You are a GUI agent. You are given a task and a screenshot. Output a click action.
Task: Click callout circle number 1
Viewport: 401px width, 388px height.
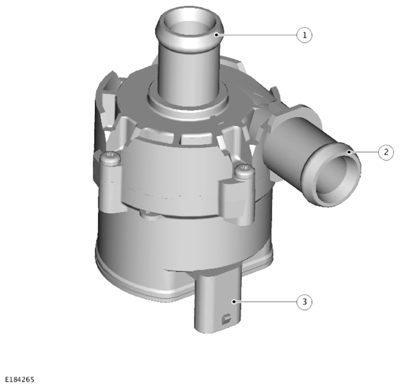pyautogui.click(x=304, y=35)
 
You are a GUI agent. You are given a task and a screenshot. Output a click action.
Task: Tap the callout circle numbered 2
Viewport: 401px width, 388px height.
pyautogui.click(x=386, y=152)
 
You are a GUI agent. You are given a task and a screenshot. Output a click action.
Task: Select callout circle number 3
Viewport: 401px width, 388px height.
pyautogui.click(x=304, y=302)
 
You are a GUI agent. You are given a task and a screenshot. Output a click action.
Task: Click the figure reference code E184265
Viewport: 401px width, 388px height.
pyautogui.click(x=20, y=379)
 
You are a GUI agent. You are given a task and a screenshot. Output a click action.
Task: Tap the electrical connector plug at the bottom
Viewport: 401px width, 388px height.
pyautogui.click(x=218, y=302)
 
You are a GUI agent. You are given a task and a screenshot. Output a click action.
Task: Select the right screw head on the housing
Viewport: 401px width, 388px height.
pyautogui.click(x=245, y=170)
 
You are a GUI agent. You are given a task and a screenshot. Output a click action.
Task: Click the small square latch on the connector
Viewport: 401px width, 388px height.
pyautogui.click(x=226, y=319)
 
